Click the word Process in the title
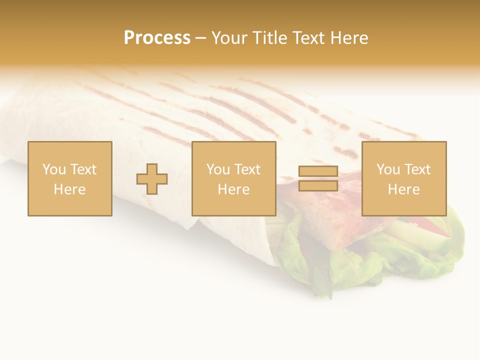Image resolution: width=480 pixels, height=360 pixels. (x=157, y=37)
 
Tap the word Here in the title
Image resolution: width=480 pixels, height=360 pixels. (x=349, y=37)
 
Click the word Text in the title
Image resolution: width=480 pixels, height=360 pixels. (x=309, y=37)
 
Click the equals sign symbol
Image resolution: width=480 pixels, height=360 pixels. (x=318, y=178)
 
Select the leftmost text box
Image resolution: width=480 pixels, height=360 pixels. (x=70, y=178)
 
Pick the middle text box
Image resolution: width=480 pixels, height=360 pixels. (x=233, y=178)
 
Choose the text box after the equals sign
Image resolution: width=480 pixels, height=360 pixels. (x=403, y=178)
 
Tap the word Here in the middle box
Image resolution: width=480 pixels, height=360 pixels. (x=233, y=189)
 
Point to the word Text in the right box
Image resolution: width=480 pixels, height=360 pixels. (x=417, y=169)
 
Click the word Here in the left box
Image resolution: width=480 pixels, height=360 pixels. (x=70, y=189)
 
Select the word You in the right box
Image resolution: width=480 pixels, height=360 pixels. (x=388, y=169)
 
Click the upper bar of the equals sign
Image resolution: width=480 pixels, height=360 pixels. (x=318, y=171)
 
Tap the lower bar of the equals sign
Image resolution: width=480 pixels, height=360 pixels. (x=318, y=185)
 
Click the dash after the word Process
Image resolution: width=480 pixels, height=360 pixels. (x=200, y=38)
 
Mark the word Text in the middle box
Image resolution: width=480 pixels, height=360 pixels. (x=247, y=169)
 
